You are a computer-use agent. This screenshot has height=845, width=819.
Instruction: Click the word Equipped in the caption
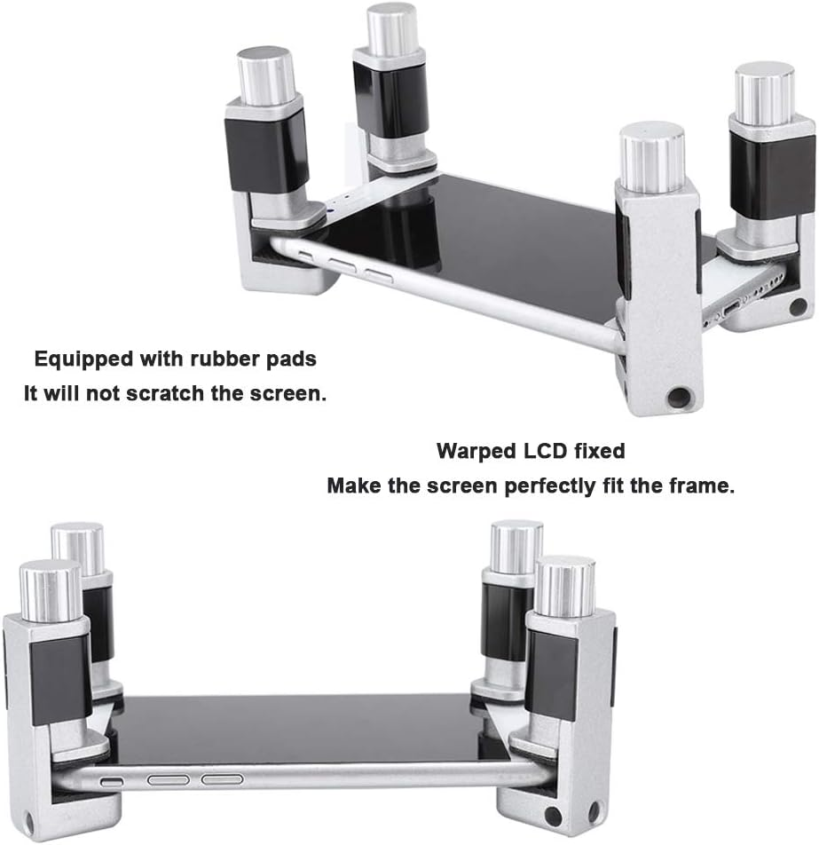83,359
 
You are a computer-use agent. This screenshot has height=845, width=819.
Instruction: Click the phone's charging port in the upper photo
733,309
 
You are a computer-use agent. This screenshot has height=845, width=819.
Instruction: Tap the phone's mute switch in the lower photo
112,781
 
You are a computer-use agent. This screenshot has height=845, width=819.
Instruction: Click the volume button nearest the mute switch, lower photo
168,780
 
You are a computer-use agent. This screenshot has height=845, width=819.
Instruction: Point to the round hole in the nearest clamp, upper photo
679,398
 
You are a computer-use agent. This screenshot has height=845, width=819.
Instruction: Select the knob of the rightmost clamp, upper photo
765,95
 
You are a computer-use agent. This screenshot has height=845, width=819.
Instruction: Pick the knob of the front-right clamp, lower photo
565,587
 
